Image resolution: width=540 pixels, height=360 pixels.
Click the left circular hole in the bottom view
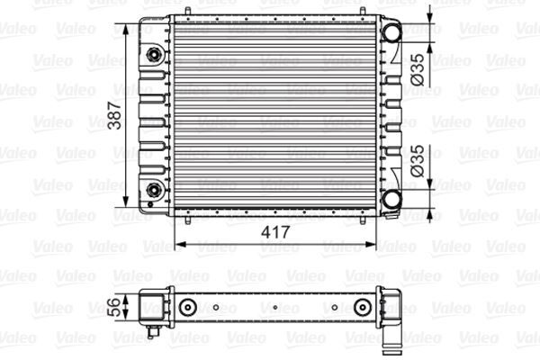coord(188,309)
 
